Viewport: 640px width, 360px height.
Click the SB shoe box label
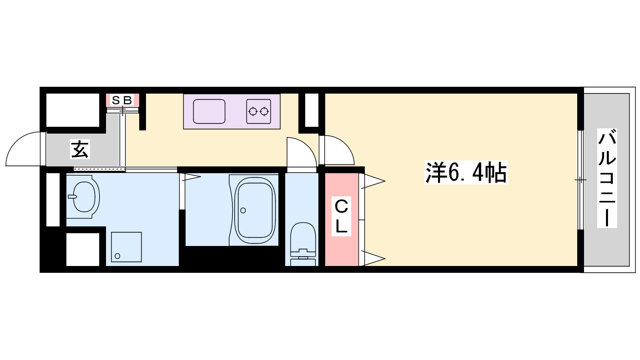click(122, 100)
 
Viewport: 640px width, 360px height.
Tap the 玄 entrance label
click(80, 149)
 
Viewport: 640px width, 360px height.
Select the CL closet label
click(341, 216)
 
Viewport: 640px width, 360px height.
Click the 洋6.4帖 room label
click(466, 172)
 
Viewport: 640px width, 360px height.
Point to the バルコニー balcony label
click(607, 178)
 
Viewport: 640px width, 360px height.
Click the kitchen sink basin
click(209, 112)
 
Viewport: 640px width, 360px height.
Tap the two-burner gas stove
click(258, 112)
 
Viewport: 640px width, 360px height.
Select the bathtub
click(255, 210)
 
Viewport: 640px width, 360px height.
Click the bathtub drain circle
click(243, 210)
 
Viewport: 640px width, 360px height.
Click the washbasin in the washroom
click(84, 197)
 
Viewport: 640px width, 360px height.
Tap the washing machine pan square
click(126, 247)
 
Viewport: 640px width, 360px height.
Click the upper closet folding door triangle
click(373, 181)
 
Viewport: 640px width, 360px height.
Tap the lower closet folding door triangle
click(373, 258)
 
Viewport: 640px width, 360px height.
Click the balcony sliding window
click(580, 180)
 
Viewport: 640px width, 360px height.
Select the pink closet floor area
click(342, 220)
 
